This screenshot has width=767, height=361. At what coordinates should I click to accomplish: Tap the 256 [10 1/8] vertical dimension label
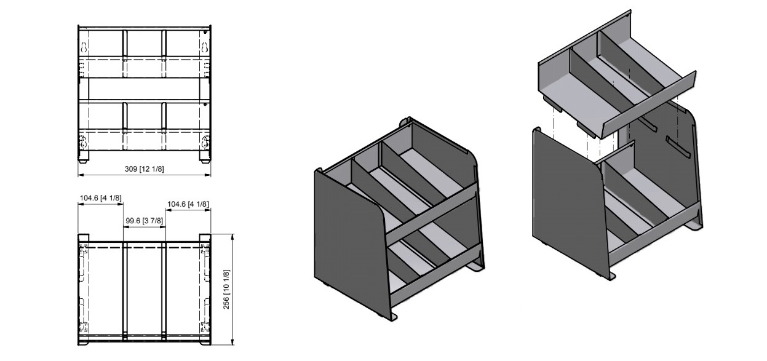coord(226,289)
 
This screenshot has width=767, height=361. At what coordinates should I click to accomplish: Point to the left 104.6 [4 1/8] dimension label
coord(100,197)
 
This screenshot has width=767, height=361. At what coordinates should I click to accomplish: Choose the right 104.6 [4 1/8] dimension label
coord(188,204)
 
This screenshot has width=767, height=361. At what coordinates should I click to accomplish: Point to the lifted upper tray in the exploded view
coord(615,80)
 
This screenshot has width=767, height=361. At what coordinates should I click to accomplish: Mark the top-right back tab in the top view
coord(205,237)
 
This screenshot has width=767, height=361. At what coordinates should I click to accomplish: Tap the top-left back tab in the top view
coord(84,237)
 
